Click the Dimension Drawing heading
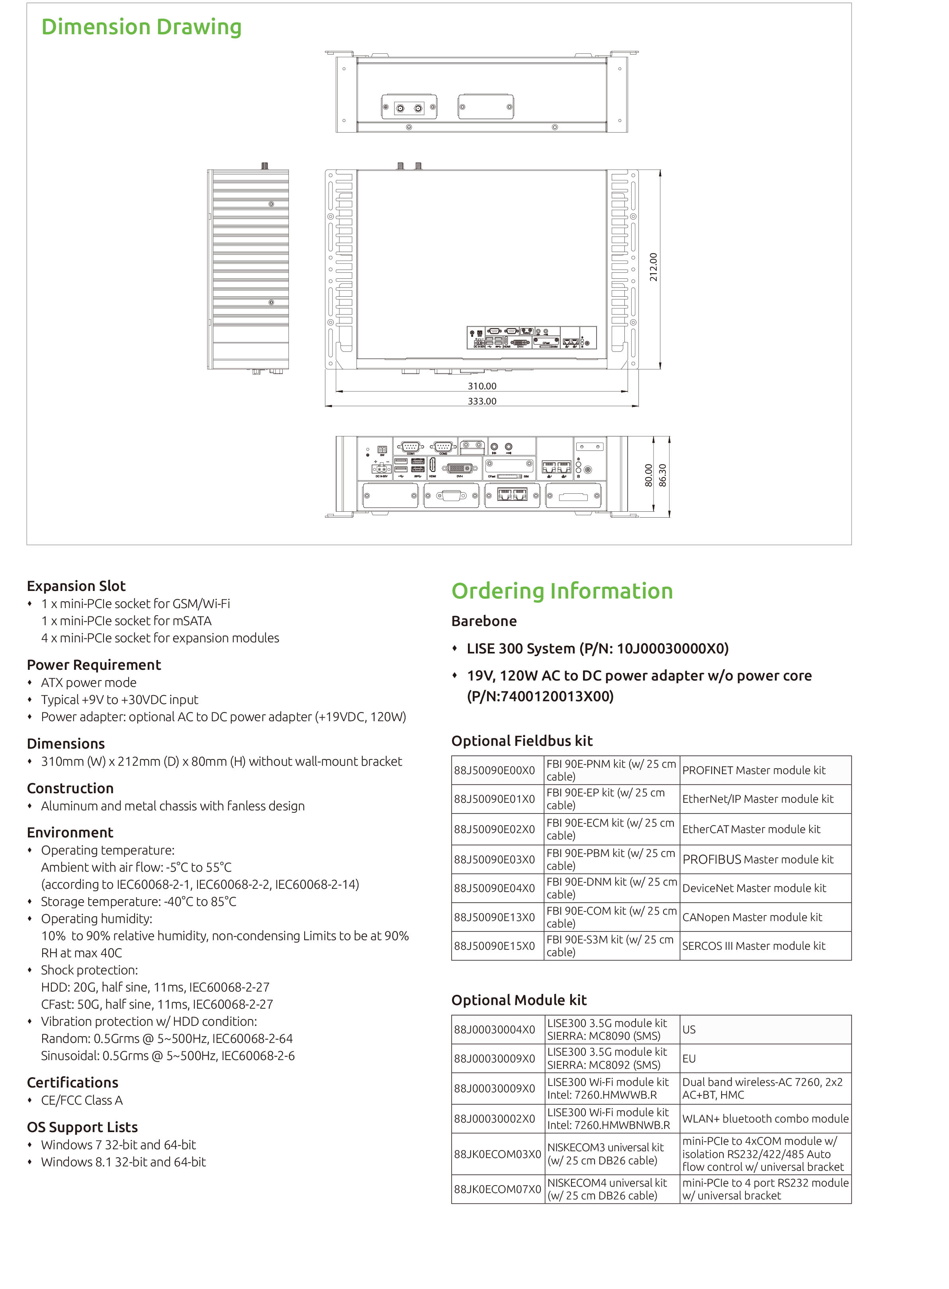click(x=141, y=27)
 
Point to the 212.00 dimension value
click(x=653, y=267)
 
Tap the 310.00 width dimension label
click(x=481, y=386)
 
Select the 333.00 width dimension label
click(x=481, y=401)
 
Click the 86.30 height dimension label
click(x=662, y=475)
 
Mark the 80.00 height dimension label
click(x=649, y=475)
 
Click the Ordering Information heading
click(x=562, y=591)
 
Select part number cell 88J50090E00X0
click(x=494, y=770)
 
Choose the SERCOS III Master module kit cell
click(x=753, y=945)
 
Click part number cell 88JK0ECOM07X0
click(x=497, y=1189)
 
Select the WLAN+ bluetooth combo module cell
click(x=765, y=1119)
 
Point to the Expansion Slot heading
click(x=76, y=586)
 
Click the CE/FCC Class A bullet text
click(x=82, y=1100)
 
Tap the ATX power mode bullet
click(x=88, y=683)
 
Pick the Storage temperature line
click(x=138, y=901)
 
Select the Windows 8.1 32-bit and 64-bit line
click(x=123, y=1162)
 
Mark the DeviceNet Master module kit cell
click(x=754, y=888)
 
